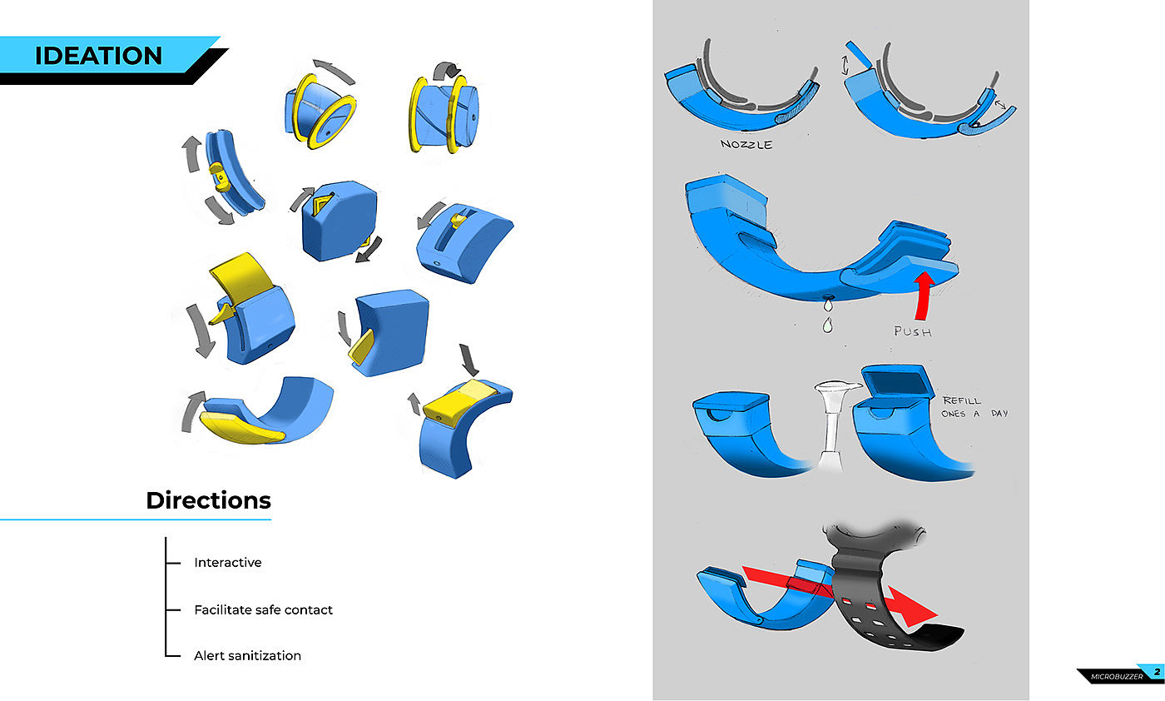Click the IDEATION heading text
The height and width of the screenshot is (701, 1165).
[98, 56]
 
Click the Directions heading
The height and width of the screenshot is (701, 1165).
[208, 500]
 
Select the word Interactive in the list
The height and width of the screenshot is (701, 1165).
[228, 562]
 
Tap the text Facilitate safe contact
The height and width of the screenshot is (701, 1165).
[263, 609]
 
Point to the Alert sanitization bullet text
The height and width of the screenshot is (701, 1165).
[248, 655]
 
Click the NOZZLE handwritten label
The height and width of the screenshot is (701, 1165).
[746, 144]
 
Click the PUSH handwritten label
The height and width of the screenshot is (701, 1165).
[913, 331]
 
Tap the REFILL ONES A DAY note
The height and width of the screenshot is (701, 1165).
[974, 407]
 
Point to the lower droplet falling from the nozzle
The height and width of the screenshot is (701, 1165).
[827, 326]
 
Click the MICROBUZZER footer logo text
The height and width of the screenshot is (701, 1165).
[1117, 677]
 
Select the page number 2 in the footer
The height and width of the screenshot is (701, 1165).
[1157, 672]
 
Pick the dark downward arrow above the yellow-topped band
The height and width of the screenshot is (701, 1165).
[468, 359]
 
